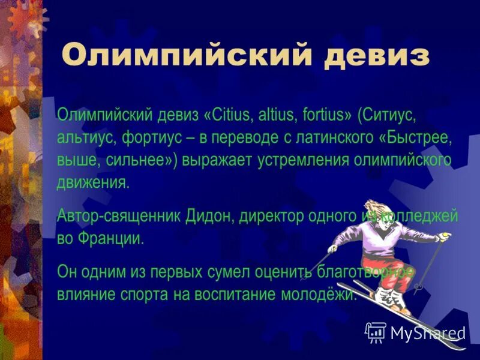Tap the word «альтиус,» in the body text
coord(87,137)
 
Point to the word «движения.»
coord(93,183)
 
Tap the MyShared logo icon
coord(376,331)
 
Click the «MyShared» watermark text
coord(428,332)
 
